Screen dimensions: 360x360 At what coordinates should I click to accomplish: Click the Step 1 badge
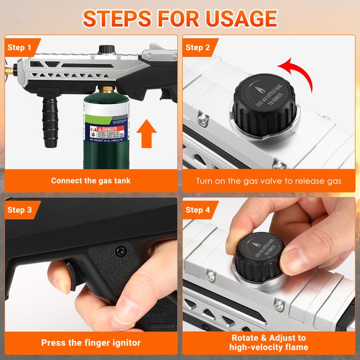pos(19,47)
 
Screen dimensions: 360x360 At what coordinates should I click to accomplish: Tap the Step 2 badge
pos(198,47)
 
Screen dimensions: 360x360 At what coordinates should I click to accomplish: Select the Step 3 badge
pos(19,210)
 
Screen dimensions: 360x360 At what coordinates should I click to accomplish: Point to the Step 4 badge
pos(198,210)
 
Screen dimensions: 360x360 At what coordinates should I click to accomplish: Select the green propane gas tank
pos(104,130)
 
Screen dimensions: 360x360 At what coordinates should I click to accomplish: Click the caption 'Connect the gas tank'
pos(90,180)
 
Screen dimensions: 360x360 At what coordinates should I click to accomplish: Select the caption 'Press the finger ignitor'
pos(90,342)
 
